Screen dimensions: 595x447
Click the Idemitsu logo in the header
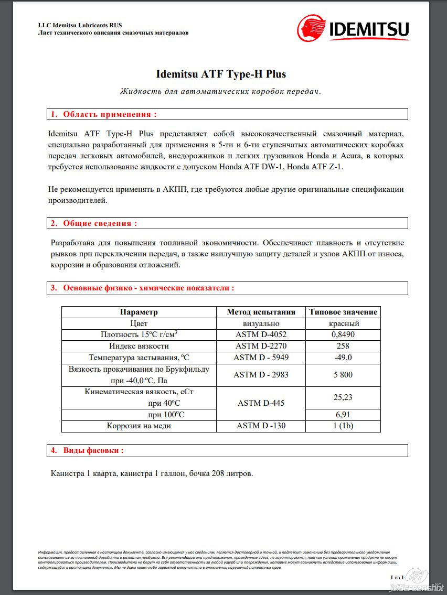[x=353, y=28]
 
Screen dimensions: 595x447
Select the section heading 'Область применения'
[x=110, y=114]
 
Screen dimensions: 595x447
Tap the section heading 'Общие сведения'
[x=100, y=223]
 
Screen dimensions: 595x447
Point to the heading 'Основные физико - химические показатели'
[x=148, y=288]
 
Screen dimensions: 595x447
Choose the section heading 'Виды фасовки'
[x=93, y=450]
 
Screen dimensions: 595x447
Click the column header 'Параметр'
[x=139, y=312]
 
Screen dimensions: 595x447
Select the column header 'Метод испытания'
[x=261, y=312]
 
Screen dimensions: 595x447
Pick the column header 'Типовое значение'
[x=343, y=312]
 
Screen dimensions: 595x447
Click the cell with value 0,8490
[x=343, y=334]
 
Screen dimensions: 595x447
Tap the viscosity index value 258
[x=343, y=346]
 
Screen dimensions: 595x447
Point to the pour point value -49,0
[x=343, y=358]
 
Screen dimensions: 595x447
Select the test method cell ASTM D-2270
[x=261, y=346]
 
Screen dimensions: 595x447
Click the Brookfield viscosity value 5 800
[x=343, y=375]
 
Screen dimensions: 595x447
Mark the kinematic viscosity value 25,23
[x=343, y=397]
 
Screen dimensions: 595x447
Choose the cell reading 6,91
[x=343, y=415]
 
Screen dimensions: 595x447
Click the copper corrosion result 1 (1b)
[x=343, y=426]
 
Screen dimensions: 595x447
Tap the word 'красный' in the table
[x=343, y=323]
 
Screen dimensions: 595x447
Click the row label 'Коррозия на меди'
[x=139, y=426]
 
